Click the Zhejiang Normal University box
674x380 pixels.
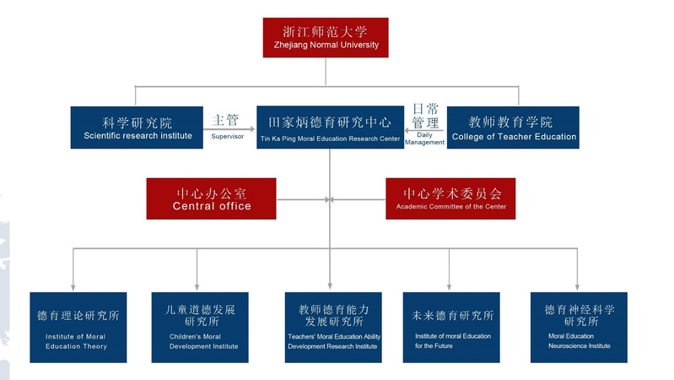coord(326,38)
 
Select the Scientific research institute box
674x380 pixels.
coord(137,128)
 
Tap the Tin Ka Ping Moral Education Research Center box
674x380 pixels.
coord(330,128)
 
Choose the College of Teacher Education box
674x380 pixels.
coord(514,128)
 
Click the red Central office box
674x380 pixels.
coord(211,198)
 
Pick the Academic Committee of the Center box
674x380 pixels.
coord(450,198)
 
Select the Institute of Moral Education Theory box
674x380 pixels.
coord(78,328)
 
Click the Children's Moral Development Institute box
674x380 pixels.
coord(200,328)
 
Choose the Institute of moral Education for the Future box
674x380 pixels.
coord(450,328)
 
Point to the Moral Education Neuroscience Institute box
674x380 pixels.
coord(579,328)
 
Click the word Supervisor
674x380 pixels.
coord(227,136)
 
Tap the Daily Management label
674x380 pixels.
coord(424,138)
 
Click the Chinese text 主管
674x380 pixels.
coord(226,120)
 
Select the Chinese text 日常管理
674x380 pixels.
coord(425,117)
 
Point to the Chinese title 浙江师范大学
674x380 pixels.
coord(326,32)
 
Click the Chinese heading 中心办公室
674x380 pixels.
coord(212,192)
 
